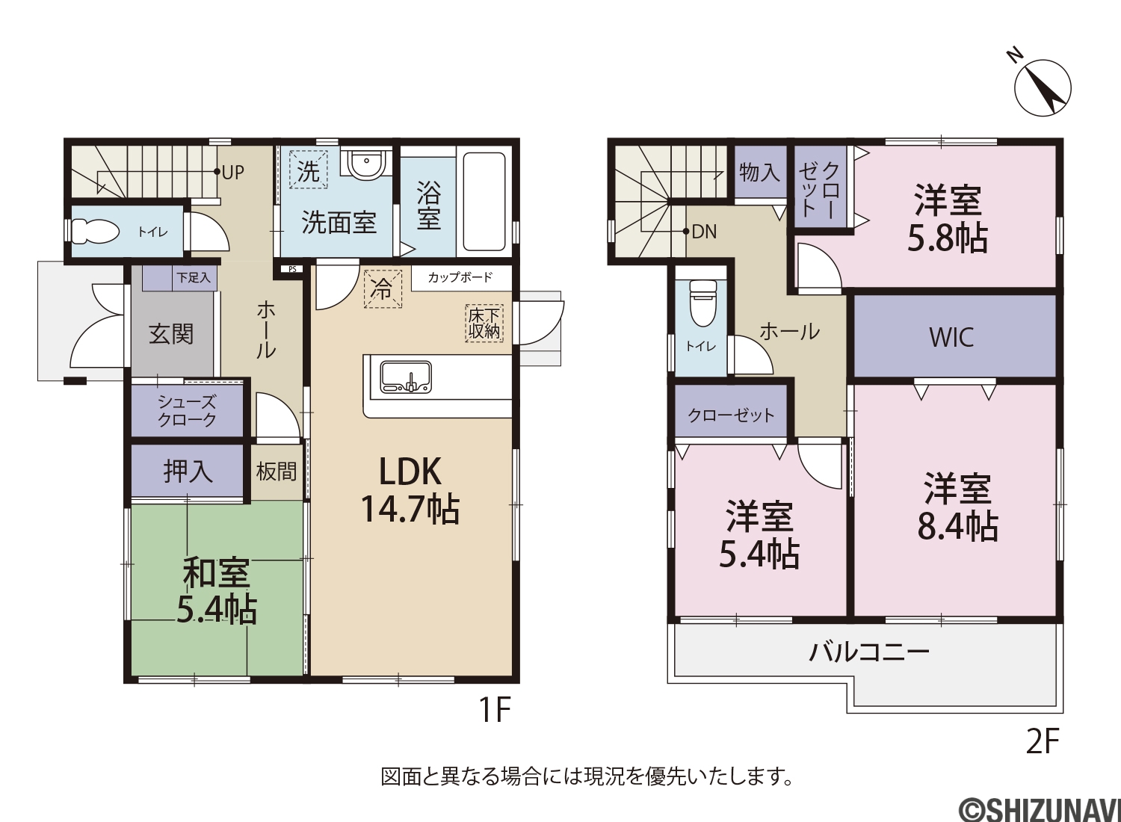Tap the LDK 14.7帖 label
tap(410, 490)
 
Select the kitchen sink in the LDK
tap(406, 377)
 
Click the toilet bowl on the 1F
tap(95, 232)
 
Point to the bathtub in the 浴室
tap(484, 202)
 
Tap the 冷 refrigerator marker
tap(383, 288)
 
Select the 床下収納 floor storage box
tap(484, 324)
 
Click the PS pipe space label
tap(292, 269)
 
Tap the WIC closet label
tap(952, 337)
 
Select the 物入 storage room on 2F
tap(760, 172)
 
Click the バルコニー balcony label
tap(868, 652)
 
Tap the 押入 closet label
tap(188, 472)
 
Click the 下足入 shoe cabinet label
tap(194, 278)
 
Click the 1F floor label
tap(495, 709)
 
